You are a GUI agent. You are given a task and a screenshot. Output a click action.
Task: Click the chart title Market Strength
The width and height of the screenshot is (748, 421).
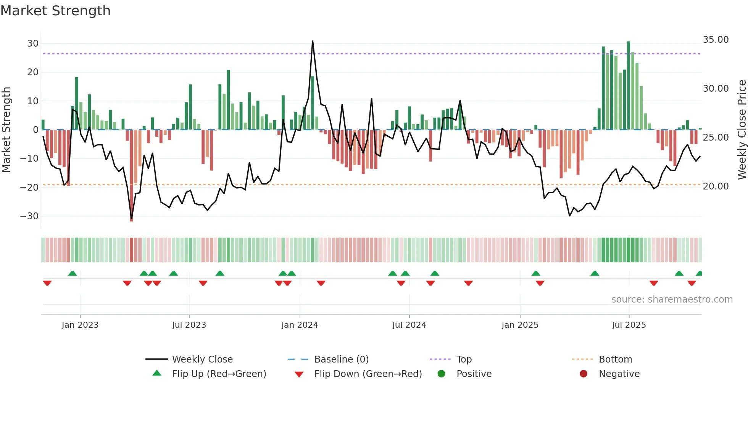55,11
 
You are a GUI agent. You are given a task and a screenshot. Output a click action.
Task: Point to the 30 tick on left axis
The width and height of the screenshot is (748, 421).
33,44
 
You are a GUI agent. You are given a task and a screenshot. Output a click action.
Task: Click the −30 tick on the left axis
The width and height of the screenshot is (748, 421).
29,216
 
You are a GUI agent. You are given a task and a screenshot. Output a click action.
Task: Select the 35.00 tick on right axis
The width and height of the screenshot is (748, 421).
716,40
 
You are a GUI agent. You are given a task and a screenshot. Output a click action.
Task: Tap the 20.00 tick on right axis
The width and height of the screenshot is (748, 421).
716,186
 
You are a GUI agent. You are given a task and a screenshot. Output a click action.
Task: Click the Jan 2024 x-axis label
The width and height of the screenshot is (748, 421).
300,325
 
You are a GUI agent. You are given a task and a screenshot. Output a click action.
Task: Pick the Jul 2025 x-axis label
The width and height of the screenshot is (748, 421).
629,325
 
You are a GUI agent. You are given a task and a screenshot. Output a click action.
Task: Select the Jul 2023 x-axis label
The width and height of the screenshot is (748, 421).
189,325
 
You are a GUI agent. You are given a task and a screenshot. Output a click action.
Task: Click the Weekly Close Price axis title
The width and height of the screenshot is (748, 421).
742,130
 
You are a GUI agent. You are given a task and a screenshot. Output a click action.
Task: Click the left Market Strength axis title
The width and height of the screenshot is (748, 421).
6,130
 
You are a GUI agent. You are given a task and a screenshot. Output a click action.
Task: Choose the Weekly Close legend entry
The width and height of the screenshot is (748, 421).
202,359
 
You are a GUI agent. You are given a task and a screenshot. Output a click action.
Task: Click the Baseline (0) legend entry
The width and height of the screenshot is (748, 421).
341,359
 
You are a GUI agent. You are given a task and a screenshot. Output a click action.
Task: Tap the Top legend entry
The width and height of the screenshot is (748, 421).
464,359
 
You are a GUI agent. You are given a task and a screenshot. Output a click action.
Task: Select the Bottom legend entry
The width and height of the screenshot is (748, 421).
615,359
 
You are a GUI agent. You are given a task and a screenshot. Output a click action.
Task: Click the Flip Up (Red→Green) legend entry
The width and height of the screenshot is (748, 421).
219,374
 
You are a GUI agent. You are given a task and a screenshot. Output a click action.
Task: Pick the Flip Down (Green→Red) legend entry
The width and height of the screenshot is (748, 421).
368,374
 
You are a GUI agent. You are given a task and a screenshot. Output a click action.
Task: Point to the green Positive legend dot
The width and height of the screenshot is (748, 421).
442,374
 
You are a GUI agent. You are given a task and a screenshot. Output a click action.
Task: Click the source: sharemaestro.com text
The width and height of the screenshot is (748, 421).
672,300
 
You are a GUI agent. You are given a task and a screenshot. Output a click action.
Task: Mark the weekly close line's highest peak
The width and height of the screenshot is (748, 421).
313,41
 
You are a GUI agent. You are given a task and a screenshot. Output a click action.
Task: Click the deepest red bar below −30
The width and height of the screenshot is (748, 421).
131,219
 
